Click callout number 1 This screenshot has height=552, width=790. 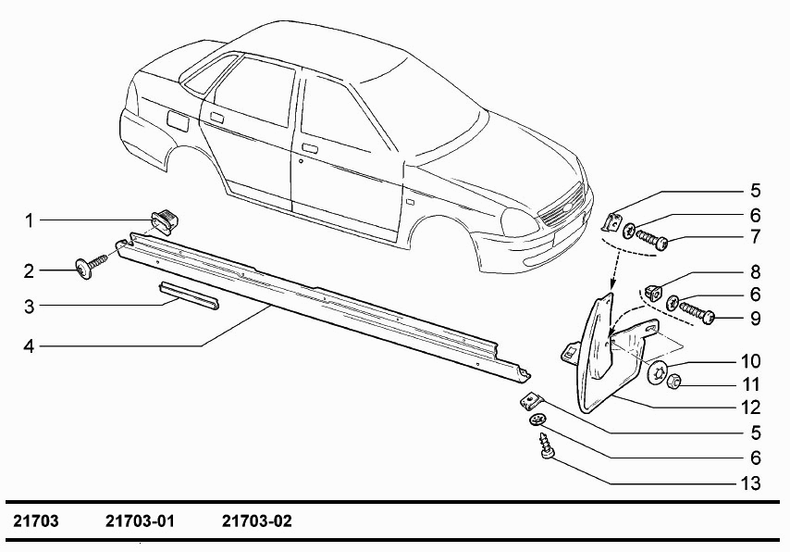(30, 220)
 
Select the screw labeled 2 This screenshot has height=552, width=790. (91, 266)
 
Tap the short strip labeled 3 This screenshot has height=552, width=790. (189, 295)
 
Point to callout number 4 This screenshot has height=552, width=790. (30, 346)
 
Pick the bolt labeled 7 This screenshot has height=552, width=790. (652, 240)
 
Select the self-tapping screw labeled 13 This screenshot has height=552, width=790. (546, 445)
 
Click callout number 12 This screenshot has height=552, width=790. (751, 408)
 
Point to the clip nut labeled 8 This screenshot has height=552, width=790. (653, 292)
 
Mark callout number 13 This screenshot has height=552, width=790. (751, 483)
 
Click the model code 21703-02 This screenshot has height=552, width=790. (257, 521)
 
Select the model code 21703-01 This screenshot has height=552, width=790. (140, 521)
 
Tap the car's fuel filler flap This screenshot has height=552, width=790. (178, 121)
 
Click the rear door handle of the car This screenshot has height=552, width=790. (217, 118)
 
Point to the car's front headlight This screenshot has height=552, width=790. (520, 221)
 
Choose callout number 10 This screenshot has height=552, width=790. (751, 361)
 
